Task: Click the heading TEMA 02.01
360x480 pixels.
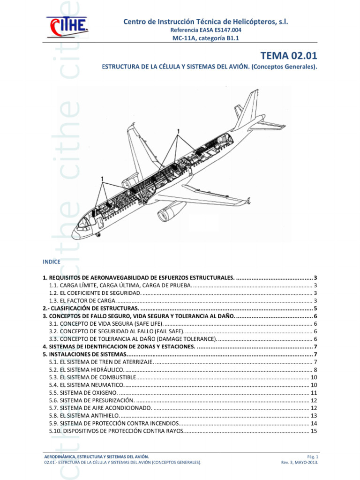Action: [x=289, y=56]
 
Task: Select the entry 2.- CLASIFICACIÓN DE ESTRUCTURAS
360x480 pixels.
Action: [x=91, y=308]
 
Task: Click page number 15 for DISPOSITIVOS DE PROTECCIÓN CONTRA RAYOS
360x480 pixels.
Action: [x=314, y=431]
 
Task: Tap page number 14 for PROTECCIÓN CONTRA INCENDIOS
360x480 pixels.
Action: [x=314, y=423]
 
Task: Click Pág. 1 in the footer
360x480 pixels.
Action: [x=313, y=456]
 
